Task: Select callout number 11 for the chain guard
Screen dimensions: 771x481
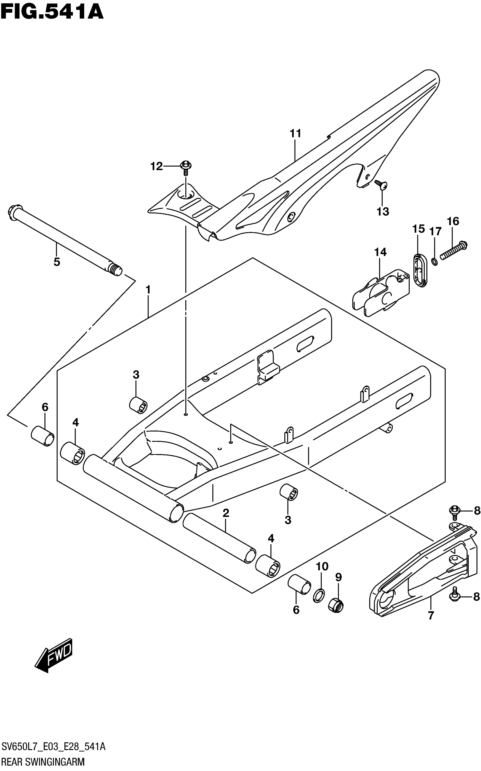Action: coord(295,133)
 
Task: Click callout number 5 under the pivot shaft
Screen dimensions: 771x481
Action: coord(56,262)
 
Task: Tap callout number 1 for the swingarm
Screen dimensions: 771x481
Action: coord(148,290)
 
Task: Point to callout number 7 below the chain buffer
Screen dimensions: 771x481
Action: coord(431,615)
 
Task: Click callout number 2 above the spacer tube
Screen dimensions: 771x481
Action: coord(226,513)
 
